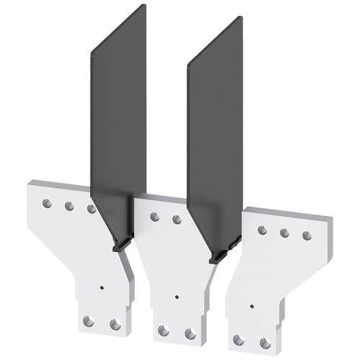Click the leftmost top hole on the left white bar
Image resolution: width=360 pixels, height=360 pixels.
pos(47,202)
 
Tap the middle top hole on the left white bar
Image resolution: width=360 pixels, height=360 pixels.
pos(69,206)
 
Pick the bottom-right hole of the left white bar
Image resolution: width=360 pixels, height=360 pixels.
pos(113,324)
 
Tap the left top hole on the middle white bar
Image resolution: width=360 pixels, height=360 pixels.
pos(153,215)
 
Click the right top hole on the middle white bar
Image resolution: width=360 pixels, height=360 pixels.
pos(176,219)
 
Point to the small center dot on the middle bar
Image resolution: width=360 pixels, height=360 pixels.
pos(177,296)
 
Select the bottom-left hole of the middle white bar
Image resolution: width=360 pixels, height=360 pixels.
pos(163,330)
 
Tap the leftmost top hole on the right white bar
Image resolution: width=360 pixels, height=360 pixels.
pos(262,229)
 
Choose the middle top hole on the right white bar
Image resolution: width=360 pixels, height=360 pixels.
pos(284,233)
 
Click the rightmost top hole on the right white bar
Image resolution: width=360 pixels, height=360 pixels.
pos(307,235)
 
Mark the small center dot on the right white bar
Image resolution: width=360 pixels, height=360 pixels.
pos(251,305)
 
